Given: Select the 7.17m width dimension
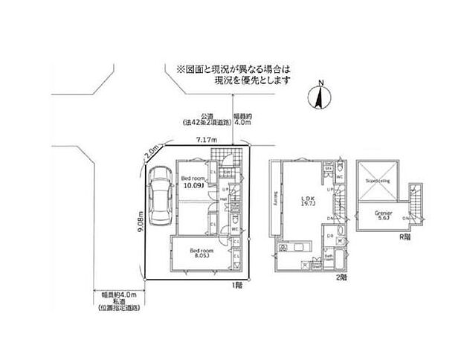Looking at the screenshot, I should pyautogui.click(x=206, y=140).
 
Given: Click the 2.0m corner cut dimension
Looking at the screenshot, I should pyautogui.click(x=151, y=152).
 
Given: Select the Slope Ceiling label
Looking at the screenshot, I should pyautogui.click(x=380, y=181).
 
